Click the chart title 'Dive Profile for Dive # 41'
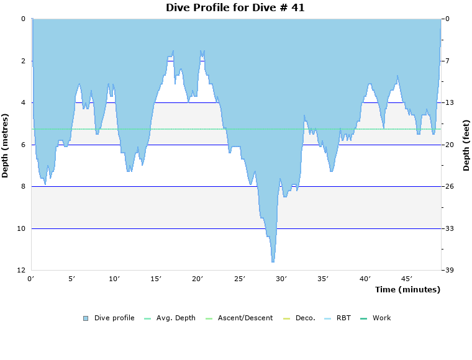235,7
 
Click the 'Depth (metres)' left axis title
6,145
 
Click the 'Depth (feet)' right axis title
466,145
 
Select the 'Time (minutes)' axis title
407,290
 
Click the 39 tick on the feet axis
449,271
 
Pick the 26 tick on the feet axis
449,187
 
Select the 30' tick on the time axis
281,279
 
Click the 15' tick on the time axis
156,279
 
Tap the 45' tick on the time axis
407,279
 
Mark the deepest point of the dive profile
273,261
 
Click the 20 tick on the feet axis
449,145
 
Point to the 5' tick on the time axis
72,279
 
